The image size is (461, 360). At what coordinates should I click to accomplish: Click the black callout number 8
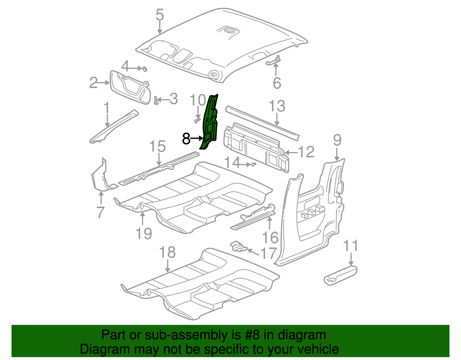click(x=186, y=139)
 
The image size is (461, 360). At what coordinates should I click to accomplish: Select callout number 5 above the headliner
click(x=160, y=15)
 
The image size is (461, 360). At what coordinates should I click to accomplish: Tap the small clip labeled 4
click(x=145, y=69)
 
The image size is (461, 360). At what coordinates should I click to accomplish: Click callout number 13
click(x=277, y=106)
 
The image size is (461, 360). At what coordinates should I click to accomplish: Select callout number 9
click(x=337, y=140)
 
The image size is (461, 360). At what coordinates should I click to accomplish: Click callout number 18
click(x=167, y=252)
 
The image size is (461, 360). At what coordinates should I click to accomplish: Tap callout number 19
click(x=144, y=233)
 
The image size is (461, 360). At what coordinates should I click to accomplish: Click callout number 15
click(x=158, y=146)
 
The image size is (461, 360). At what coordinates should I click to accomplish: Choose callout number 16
click(x=270, y=238)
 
